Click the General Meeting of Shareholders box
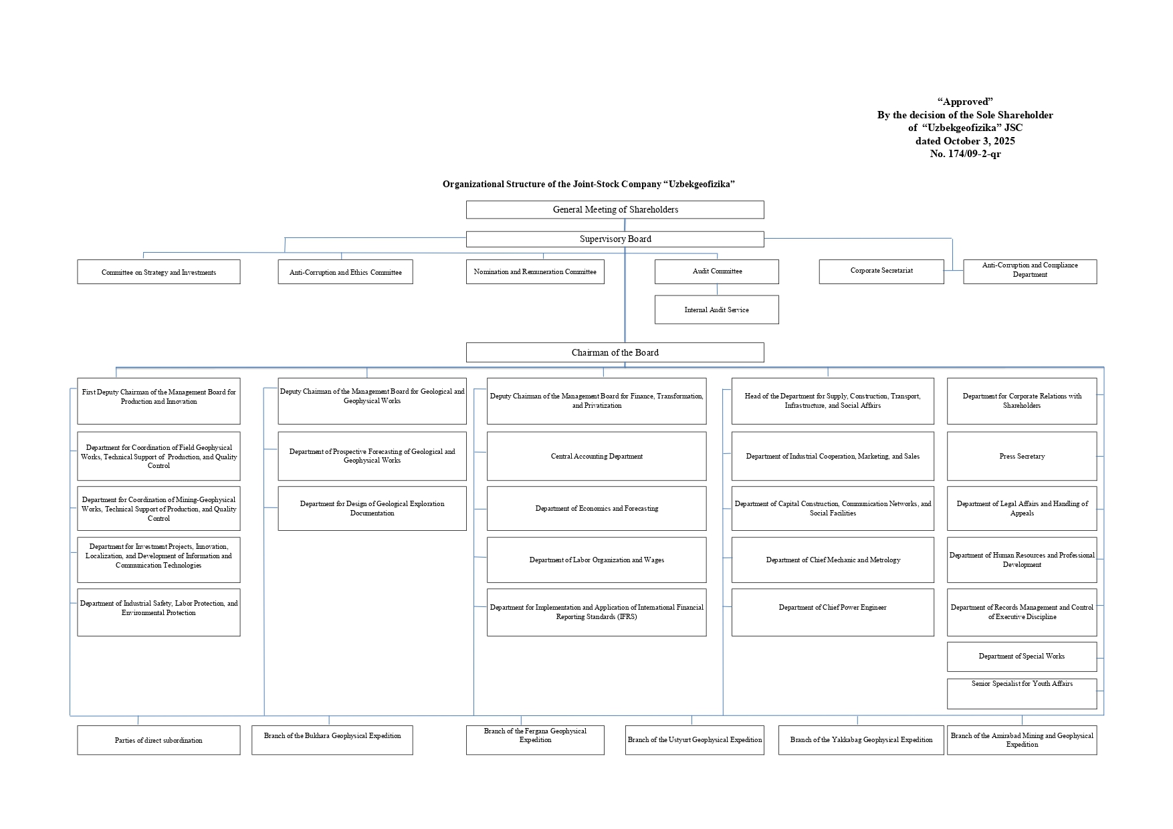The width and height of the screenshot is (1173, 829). tap(615, 210)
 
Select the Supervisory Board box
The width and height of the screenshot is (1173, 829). tap(615, 239)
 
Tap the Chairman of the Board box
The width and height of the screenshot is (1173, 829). tap(615, 352)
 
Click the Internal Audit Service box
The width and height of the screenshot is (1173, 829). tap(716, 310)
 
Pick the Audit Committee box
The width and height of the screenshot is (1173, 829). tap(716, 271)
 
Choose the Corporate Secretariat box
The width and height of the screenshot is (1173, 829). tap(881, 271)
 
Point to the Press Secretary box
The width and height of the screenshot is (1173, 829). tap(1021, 456)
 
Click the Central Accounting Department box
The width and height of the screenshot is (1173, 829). tap(596, 456)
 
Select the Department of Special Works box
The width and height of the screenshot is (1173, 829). tap(1021, 657)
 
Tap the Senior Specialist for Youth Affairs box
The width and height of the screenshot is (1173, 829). tap(1021, 693)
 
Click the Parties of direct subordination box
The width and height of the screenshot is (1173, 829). tap(158, 740)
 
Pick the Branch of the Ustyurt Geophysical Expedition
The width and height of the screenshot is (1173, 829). tap(694, 740)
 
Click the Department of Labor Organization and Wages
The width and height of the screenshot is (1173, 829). tap(596, 560)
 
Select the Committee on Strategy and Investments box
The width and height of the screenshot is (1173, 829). tap(158, 272)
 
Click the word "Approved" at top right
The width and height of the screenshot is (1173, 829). tap(965, 102)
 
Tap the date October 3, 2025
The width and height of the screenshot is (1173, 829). tap(979, 141)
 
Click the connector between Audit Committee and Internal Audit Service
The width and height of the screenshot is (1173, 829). tap(717, 289)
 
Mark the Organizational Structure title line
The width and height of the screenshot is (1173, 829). tap(589, 184)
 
